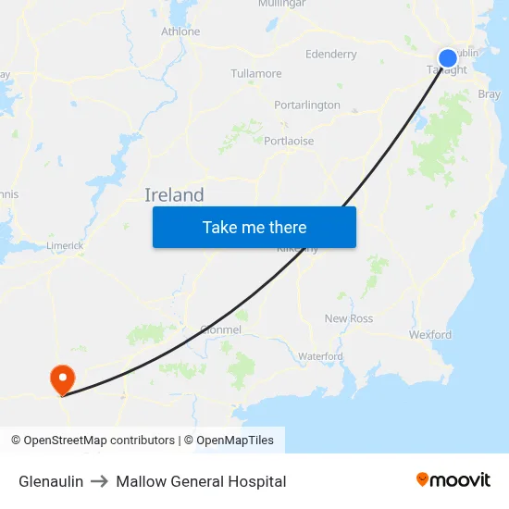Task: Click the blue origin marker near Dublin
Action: [x=447, y=58]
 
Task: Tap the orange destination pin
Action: [x=62, y=379]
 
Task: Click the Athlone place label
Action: [x=180, y=31]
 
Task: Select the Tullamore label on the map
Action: [x=256, y=73]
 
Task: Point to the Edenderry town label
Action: [x=330, y=55]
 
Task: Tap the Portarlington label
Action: [x=307, y=106]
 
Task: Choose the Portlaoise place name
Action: [x=289, y=142]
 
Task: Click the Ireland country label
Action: [x=174, y=195]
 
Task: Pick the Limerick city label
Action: [x=66, y=246]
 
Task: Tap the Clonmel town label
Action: [x=220, y=329]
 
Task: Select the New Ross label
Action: [x=349, y=318]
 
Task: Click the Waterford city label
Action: [x=320, y=356]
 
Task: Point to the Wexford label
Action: [x=430, y=335]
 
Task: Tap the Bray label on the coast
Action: [x=489, y=94]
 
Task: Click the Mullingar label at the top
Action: [x=281, y=4]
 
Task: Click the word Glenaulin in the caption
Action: [x=51, y=481]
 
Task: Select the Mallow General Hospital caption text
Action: [x=201, y=481]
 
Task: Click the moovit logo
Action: [x=453, y=479]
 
